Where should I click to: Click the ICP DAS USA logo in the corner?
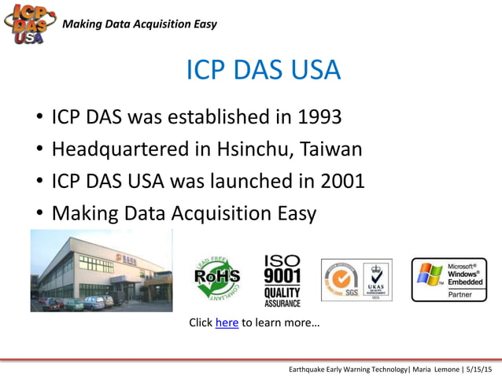pyautogui.click(x=29, y=24)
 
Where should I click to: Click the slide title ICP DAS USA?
pyautogui.click(x=263, y=70)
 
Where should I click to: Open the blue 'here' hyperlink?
pyautogui.click(x=227, y=323)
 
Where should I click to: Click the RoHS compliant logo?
pyautogui.click(x=216, y=278)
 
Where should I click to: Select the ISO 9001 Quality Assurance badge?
pyautogui.click(x=281, y=280)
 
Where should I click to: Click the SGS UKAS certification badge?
pyautogui.click(x=356, y=280)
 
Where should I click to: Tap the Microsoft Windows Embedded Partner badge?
pyautogui.click(x=448, y=279)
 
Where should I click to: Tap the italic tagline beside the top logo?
pyautogui.click(x=139, y=24)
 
